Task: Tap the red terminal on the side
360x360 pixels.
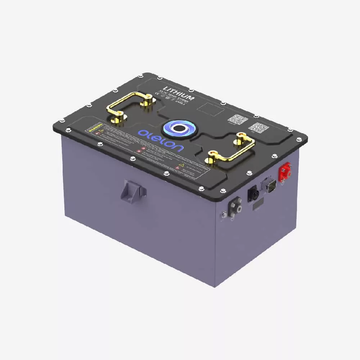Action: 285,172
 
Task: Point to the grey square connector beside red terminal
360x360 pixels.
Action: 269,185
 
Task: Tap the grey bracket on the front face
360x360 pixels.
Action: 134,191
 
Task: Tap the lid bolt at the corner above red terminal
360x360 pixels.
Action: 299,140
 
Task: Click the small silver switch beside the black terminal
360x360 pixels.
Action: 224,214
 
